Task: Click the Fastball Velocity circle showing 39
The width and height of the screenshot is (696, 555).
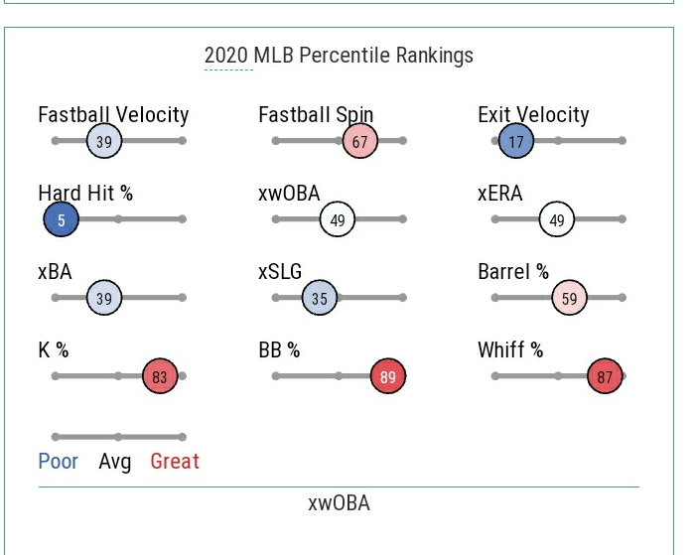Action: coord(103,142)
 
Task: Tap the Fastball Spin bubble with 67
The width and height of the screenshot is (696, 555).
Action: coord(359,142)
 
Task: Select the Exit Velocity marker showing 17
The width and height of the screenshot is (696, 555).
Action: coord(515,142)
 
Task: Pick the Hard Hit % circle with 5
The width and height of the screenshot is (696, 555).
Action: coord(61,220)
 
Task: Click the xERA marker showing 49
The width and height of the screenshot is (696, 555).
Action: coord(557,220)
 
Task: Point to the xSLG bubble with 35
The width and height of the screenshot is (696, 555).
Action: coord(320,298)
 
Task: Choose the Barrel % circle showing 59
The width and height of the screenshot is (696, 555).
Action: coord(569,298)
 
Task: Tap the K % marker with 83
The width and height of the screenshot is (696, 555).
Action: coord(160,377)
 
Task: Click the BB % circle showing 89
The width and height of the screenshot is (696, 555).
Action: coord(387,377)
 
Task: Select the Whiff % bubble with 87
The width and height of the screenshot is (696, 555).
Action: coord(604,377)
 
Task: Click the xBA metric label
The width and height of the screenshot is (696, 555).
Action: coord(55,272)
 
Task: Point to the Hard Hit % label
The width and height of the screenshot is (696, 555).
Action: coord(85,194)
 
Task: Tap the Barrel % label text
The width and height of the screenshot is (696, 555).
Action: coord(513,272)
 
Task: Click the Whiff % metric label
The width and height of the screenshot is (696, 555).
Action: coord(510,350)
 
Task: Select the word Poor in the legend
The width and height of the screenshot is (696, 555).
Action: coord(58,462)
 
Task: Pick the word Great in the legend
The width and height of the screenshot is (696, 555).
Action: coord(175,462)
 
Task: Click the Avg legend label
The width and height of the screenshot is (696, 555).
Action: coord(115,462)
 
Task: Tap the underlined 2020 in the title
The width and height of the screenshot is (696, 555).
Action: coord(227,56)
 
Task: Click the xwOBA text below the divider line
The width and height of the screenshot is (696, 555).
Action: coord(339,503)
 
